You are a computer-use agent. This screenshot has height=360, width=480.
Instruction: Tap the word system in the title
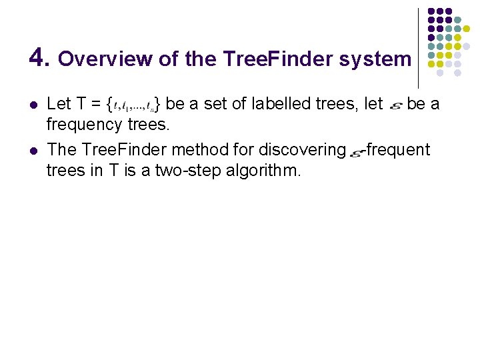click(375, 59)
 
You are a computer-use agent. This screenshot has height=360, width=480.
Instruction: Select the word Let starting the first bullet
click(59, 103)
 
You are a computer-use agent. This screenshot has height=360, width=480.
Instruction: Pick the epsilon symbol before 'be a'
click(394, 105)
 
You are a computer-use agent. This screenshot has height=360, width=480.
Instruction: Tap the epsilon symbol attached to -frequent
click(355, 153)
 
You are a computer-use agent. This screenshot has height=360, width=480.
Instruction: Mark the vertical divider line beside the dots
click(418, 47)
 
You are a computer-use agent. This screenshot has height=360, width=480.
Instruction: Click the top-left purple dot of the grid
click(431, 12)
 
